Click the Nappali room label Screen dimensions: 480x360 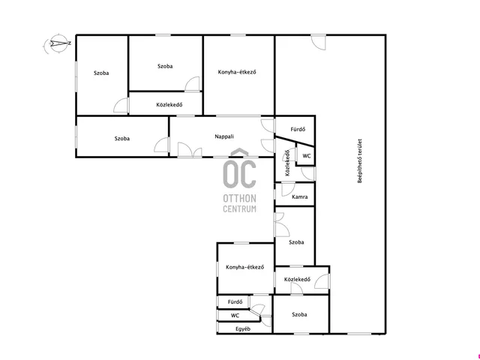tap(224, 136)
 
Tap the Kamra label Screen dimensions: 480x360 tap(300, 196)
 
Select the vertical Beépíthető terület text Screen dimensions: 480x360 tap(360, 161)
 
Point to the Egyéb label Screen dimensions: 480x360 tap(243, 329)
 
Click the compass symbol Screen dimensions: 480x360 tap(58, 43)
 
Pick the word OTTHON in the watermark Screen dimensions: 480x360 tap(240, 198)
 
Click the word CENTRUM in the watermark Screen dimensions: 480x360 tap(240, 209)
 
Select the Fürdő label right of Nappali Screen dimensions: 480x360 tap(298, 129)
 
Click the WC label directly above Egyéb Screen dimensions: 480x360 tap(235, 315)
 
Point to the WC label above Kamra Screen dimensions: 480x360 tap(307, 156)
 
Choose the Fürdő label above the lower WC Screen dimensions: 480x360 tap(235, 301)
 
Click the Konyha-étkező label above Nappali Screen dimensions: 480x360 tap(237, 72)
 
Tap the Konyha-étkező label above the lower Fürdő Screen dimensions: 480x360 tap(245, 267)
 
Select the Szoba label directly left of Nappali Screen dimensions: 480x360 tap(122, 139)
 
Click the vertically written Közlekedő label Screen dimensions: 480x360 tap(287, 163)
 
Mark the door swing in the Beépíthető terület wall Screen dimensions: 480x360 tap(318, 42)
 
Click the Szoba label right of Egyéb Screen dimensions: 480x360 tap(299, 315)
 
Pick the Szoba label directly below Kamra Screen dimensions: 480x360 tap(296, 242)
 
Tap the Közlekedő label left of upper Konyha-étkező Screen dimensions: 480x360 tap(169, 105)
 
